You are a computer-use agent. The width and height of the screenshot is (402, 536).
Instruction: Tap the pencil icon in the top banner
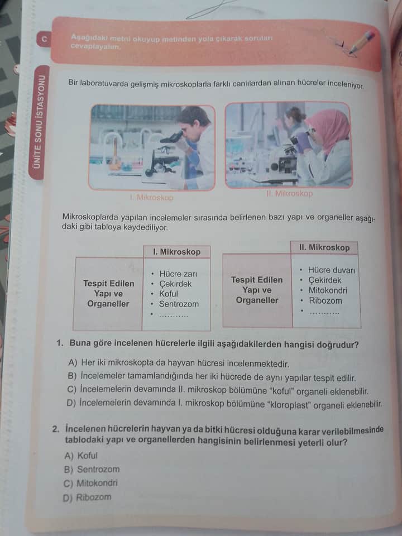coord(360,42)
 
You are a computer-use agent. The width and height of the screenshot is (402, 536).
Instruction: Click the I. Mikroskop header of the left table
coord(176,252)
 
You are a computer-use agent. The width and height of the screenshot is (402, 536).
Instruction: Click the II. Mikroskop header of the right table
coord(324,247)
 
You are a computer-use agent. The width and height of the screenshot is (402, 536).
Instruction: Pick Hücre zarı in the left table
coord(178,274)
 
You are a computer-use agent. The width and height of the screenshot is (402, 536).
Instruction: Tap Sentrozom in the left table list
coord(178,304)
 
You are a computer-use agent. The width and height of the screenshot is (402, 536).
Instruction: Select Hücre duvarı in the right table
coord(331,270)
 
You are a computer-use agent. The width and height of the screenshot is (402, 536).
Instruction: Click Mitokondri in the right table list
coord(327,290)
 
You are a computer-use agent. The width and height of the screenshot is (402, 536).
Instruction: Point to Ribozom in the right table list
coord(325,300)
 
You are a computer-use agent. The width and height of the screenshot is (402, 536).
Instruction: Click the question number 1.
coord(59,344)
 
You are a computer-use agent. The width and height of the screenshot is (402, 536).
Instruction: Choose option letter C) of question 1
coord(71,389)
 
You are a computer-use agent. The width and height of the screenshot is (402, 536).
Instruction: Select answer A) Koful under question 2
coord(82,456)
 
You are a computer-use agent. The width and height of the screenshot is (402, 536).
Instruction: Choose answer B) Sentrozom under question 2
coord(92,470)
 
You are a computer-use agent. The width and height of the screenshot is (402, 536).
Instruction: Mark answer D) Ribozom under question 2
coord(88,497)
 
